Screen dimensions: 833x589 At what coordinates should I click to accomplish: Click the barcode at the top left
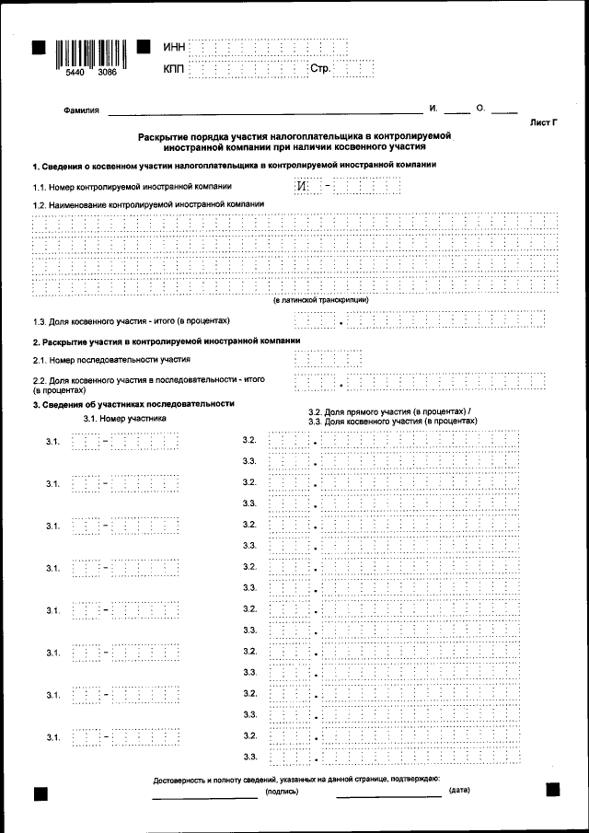[x=90, y=53]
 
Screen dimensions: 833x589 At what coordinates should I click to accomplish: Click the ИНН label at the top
[x=174, y=47]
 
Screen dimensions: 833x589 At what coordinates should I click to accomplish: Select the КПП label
[x=174, y=69]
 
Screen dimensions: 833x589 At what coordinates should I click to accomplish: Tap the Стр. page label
[x=319, y=69]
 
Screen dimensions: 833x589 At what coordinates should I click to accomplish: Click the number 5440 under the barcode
[x=67, y=81]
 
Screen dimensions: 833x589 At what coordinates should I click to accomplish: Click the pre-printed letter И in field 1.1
[x=302, y=187]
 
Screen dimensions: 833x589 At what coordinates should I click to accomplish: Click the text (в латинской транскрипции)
[x=320, y=300]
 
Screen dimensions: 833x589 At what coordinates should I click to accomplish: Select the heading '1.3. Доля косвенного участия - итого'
[x=131, y=321]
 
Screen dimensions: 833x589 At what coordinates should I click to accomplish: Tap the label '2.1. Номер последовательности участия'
[x=111, y=360]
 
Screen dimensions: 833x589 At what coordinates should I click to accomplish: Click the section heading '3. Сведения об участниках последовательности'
[x=133, y=404]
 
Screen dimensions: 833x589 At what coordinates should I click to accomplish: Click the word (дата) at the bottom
[x=459, y=791]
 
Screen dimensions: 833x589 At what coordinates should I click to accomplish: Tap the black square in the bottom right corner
[x=552, y=790]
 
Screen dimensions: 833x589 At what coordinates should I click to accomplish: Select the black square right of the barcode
[x=144, y=47]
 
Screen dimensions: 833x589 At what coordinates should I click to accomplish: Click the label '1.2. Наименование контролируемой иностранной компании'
[x=148, y=203]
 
